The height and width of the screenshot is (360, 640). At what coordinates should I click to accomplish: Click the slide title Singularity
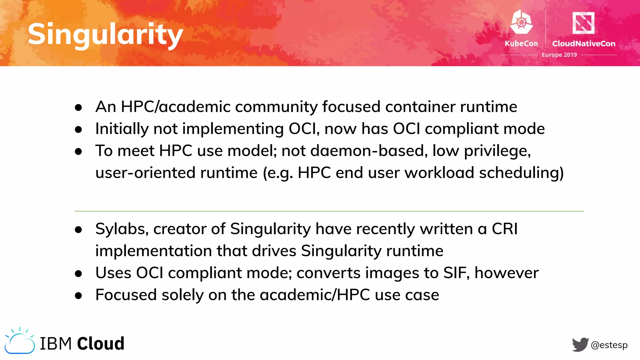(x=105, y=34)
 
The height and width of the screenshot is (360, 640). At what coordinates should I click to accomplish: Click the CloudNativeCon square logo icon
(x=583, y=22)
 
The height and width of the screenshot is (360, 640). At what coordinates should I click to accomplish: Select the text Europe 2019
(x=559, y=55)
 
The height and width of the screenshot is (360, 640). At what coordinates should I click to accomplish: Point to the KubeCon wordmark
(x=521, y=43)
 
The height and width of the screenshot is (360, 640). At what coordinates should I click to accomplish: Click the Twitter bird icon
(x=580, y=344)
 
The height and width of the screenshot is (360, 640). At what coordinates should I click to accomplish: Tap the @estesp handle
(x=609, y=345)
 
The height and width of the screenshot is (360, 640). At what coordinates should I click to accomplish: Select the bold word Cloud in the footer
(x=101, y=343)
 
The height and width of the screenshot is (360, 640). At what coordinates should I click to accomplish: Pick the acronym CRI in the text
(x=505, y=229)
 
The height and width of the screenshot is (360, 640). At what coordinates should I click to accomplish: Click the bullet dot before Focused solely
(x=78, y=295)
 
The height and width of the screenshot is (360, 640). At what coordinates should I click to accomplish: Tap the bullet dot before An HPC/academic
(x=78, y=107)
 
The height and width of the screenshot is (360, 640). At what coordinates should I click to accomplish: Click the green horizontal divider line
(x=329, y=211)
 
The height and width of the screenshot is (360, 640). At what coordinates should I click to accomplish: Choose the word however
(x=507, y=273)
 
